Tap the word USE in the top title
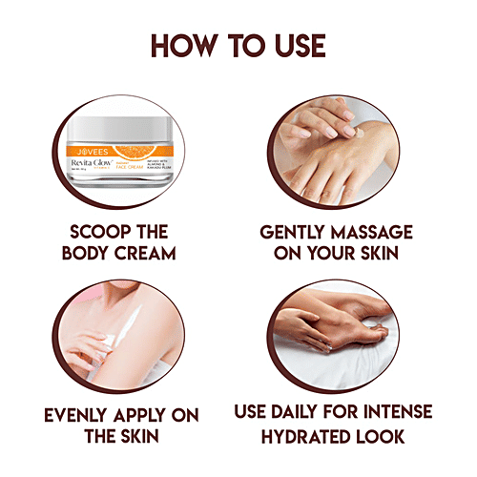click(x=292, y=45)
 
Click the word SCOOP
click(x=93, y=233)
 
